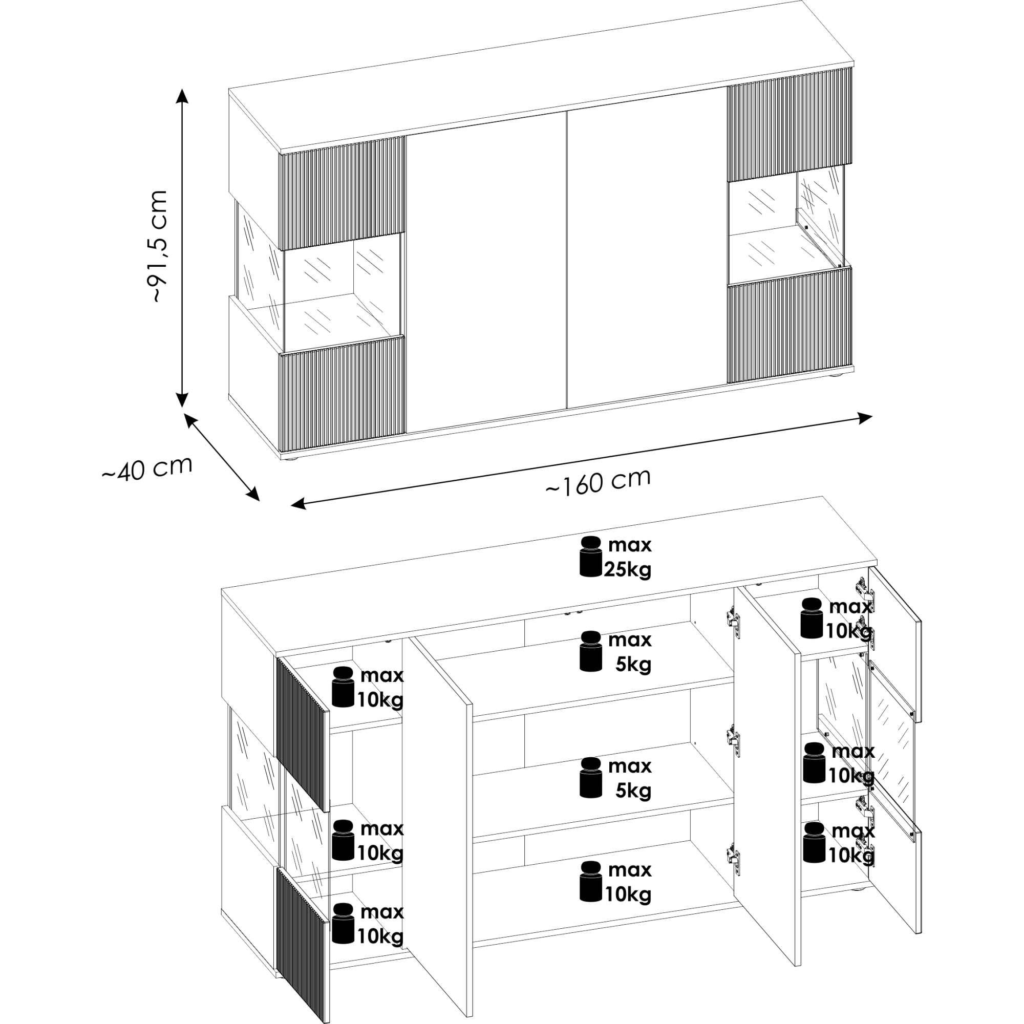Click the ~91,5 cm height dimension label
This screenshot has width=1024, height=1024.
[x=160, y=246]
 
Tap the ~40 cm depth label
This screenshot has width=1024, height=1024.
[x=147, y=468]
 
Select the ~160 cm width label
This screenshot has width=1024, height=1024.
[x=598, y=482]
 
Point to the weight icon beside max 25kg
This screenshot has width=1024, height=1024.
[x=591, y=556]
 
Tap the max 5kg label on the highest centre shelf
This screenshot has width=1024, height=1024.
[x=630, y=652]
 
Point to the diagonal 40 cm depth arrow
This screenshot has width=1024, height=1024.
[x=222, y=456]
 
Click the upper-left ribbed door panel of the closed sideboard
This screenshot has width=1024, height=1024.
[x=342, y=193]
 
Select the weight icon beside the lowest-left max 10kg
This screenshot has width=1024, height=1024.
[x=343, y=924]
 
